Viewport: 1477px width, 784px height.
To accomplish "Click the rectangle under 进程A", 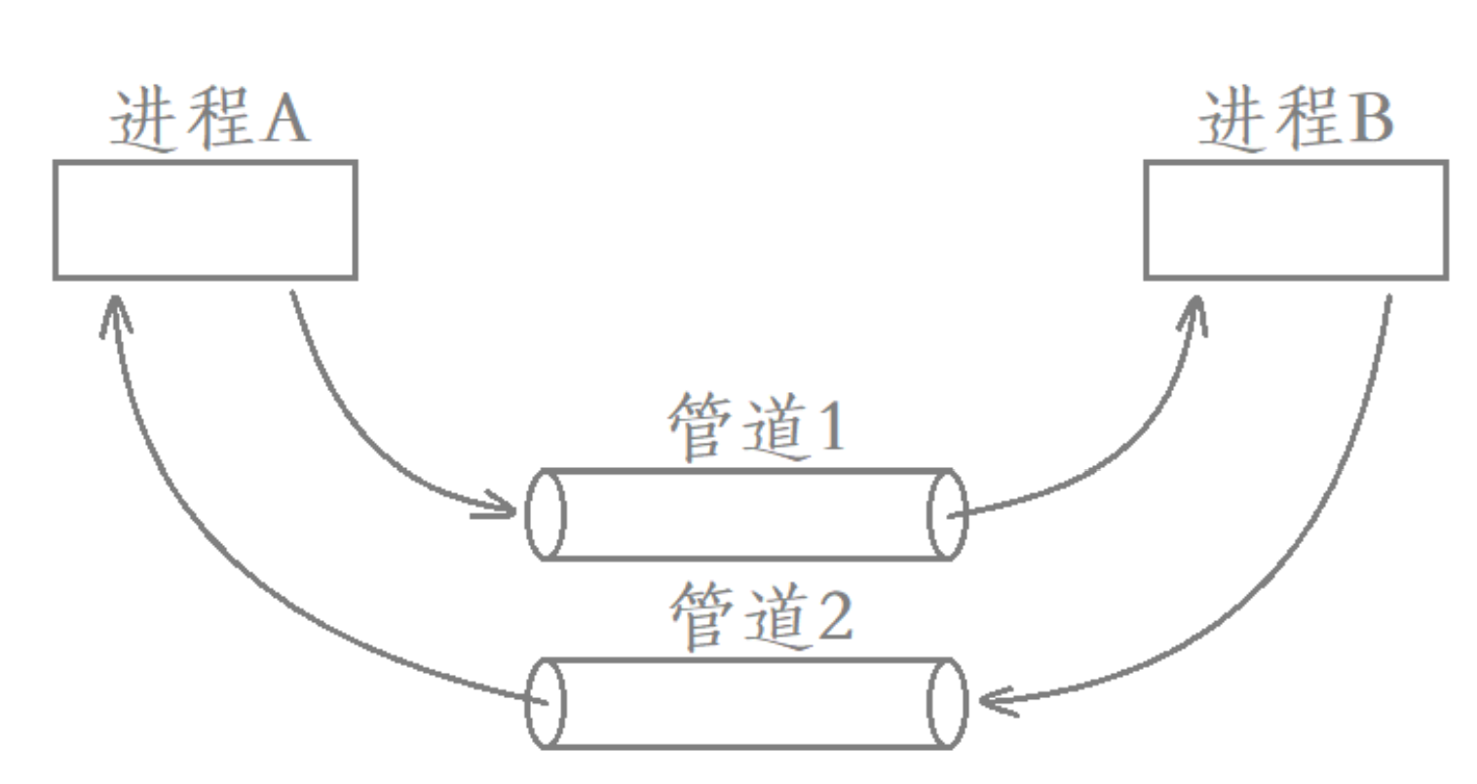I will pyautogui.click(x=205, y=219).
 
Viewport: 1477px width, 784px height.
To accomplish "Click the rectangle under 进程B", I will pyautogui.click(x=1295, y=219).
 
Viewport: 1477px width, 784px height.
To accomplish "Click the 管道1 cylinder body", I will pyautogui.click(x=745, y=514).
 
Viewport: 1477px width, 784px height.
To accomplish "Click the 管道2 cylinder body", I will pyautogui.click(x=745, y=703).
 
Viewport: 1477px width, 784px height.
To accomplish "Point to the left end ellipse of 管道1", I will pyautogui.click(x=545, y=514).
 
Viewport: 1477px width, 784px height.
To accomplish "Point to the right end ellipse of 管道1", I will pyautogui.click(x=946, y=514).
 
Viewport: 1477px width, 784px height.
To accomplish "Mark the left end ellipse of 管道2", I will pyautogui.click(x=545, y=703).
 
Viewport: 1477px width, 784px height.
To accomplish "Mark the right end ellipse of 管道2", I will pyautogui.click(x=946, y=703).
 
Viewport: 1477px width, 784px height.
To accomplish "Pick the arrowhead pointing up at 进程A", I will pyautogui.click(x=115, y=312).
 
